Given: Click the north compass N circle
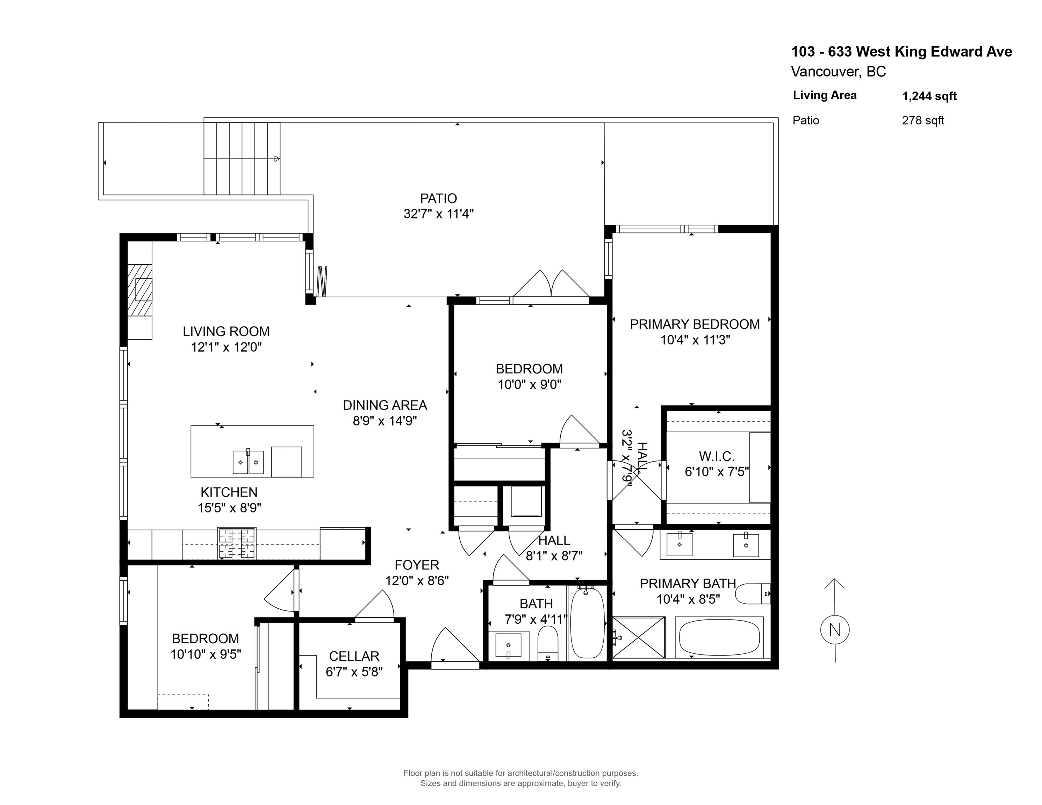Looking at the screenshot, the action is tap(835, 630).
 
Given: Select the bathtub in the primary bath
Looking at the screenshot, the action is tap(719, 637).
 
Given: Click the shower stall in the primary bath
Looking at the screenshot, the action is tap(638, 638).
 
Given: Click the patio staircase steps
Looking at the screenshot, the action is tap(242, 158).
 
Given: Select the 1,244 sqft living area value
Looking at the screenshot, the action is tap(929, 96).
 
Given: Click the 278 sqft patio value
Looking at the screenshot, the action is tap(923, 120).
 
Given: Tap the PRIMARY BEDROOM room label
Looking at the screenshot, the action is tap(695, 324).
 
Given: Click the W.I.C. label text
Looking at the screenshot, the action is tap(716, 456).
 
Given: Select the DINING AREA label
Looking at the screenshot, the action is tap(385, 405).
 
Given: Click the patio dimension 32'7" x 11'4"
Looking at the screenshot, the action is tap(438, 213).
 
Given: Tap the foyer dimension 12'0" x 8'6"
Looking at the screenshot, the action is tap(417, 580).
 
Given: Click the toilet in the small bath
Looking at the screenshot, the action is tap(548, 643).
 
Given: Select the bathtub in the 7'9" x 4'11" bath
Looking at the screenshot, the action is tap(587, 622).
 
